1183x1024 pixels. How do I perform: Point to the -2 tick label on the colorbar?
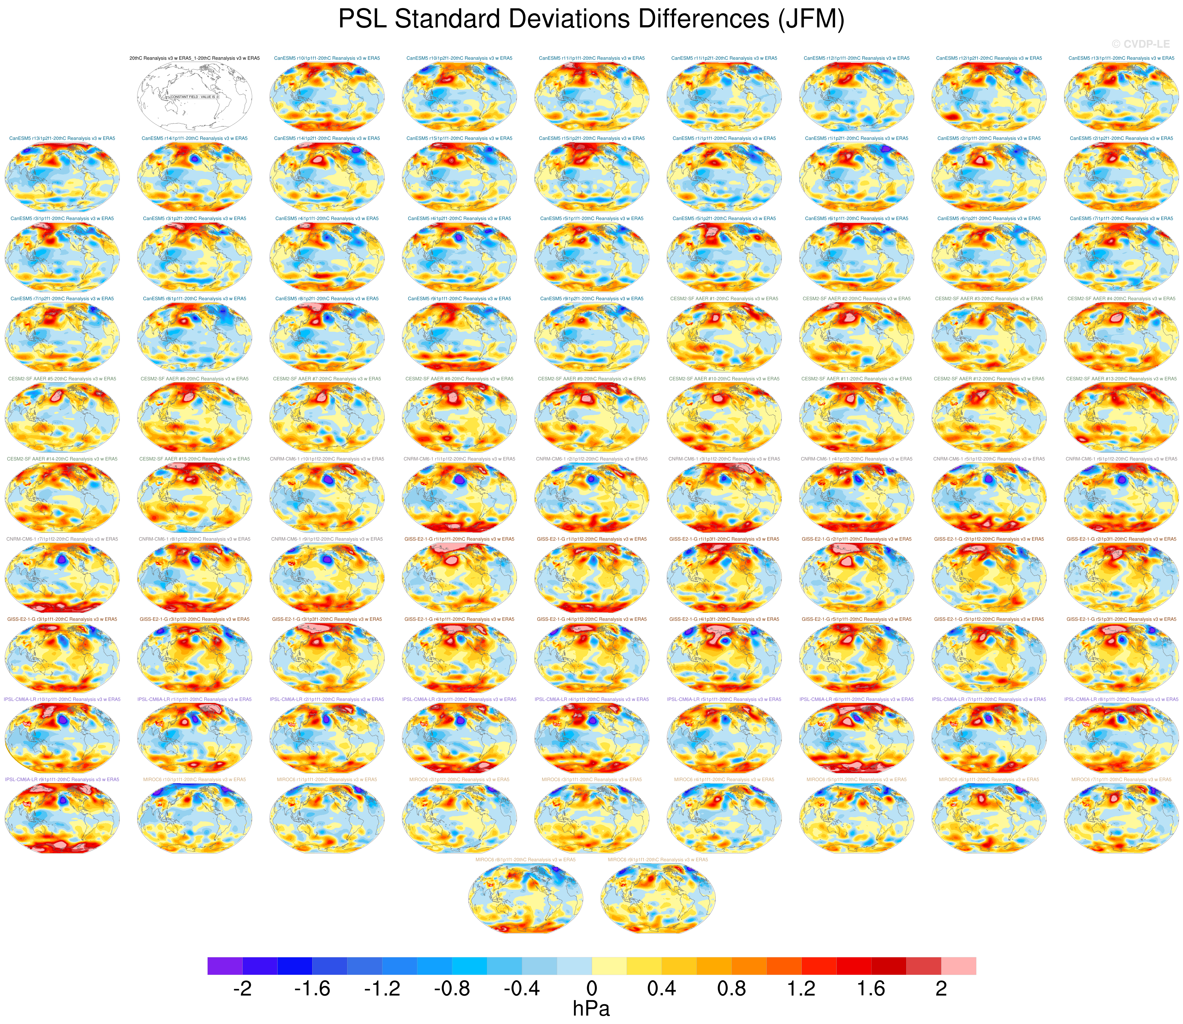(242, 988)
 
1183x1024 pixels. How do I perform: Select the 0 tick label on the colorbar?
(592, 988)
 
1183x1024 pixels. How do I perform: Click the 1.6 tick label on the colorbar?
(871, 988)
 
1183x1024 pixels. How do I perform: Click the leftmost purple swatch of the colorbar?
(225, 966)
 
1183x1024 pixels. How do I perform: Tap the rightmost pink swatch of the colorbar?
(958, 966)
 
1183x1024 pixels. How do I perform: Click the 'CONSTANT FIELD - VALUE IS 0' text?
(194, 97)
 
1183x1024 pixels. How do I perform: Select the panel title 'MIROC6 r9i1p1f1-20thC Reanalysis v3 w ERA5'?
(658, 859)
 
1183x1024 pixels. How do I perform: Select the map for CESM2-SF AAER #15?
(194, 498)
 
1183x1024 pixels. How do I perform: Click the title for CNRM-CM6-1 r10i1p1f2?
(327, 459)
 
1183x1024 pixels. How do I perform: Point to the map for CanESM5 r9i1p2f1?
(592, 338)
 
